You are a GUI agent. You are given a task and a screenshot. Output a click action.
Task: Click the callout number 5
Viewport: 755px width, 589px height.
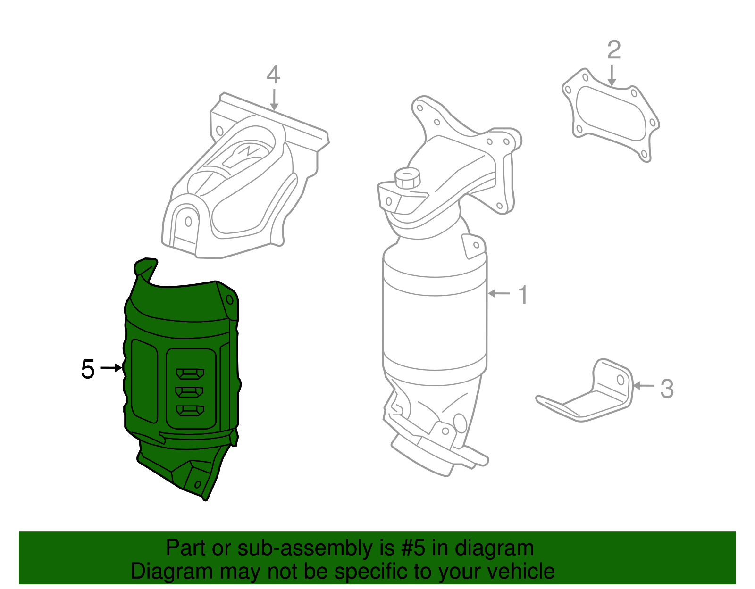coord(88,369)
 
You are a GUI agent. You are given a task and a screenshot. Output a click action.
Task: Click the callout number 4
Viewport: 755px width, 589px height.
coord(273,75)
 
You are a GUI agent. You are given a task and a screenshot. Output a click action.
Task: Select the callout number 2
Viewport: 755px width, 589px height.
coord(613,50)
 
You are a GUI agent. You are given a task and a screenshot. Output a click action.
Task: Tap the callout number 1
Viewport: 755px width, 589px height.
coord(523,295)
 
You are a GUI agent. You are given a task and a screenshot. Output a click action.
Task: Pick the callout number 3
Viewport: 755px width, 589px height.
coord(666,389)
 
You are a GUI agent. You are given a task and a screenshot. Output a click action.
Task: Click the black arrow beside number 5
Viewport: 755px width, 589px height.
coord(112,368)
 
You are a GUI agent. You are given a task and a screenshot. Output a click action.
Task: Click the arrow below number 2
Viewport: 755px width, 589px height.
coord(612,75)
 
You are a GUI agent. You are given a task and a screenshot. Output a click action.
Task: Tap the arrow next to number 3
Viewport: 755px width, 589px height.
coord(643,386)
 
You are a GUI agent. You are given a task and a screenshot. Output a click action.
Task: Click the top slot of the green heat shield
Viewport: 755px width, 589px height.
coord(190,374)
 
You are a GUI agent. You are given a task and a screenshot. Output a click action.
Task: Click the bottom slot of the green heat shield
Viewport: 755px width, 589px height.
coord(190,411)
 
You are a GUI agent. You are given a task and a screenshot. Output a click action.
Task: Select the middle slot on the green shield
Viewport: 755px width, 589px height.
coord(189,392)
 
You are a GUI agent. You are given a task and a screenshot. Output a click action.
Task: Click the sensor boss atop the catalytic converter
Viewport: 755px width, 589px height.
coord(407,179)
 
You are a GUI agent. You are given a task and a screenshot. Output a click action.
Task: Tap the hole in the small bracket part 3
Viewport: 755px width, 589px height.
coord(621,380)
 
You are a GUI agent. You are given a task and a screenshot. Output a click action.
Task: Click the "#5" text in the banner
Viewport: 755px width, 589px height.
coord(414,548)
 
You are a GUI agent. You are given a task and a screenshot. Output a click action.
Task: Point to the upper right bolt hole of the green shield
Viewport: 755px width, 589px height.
coord(230,300)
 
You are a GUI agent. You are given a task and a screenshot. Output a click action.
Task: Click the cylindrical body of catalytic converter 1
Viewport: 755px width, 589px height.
coord(434,325)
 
